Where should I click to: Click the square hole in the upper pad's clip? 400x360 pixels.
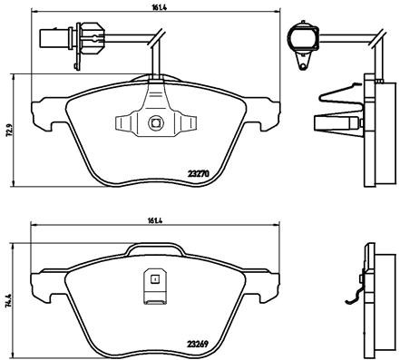pyautogui.click(x=155, y=122)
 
